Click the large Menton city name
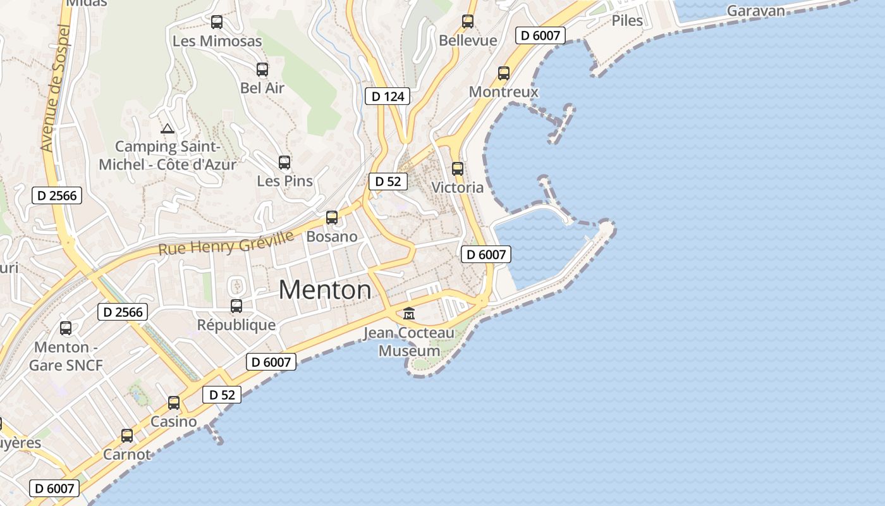click(325, 290)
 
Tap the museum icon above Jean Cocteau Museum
click(409, 313)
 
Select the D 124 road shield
click(388, 96)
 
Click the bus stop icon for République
click(236, 306)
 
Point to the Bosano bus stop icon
click(332, 218)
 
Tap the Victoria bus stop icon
click(458, 169)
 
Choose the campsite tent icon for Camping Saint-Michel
click(168, 129)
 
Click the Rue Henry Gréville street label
click(226, 244)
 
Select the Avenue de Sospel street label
click(55, 88)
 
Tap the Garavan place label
click(755, 11)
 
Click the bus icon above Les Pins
click(284, 163)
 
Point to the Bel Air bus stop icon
click(262, 70)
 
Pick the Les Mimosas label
click(217, 41)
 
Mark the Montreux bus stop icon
click(504, 73)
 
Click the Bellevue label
click(468, 40)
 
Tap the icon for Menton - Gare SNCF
click(66, 328)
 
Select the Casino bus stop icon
click(174, 403)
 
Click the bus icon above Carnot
click(127, 436)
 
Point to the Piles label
click(627, 20)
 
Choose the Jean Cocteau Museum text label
click(409, 342)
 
